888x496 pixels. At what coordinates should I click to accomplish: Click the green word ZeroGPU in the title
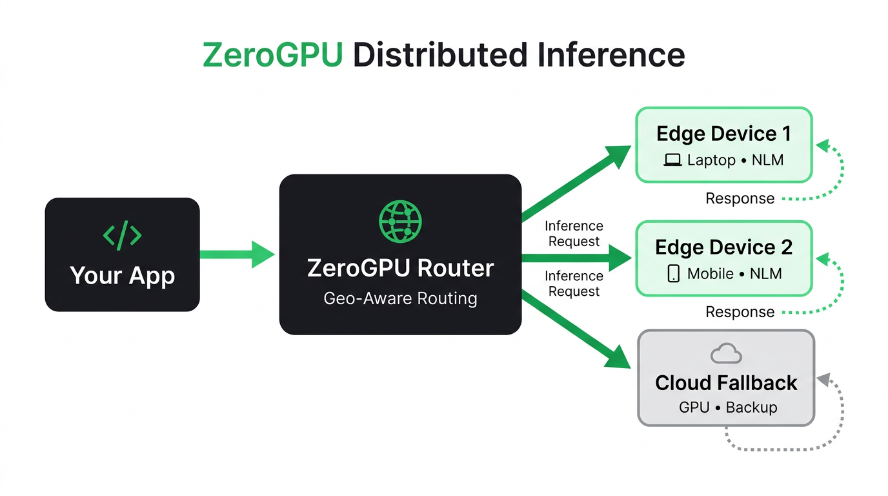coord(272,55)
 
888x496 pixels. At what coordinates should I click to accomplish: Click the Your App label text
coord(122,275)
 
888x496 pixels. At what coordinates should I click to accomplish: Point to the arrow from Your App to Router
coord(236,254)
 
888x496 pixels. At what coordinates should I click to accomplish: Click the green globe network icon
coord(400,222)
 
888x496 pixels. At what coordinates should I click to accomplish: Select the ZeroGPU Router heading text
coord(400,267)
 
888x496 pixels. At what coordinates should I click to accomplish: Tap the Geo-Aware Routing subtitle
coord(400,299)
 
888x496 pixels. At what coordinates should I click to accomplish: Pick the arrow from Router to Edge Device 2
coord(574,258)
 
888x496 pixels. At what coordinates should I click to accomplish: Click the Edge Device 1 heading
coord(723,134)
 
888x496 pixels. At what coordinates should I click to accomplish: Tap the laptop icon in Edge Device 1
coord(672,160)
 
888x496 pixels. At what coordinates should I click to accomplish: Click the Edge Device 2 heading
coord(723,247)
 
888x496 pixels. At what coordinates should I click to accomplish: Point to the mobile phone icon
coord(673,274)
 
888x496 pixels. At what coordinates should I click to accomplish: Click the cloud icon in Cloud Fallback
coord(726,354)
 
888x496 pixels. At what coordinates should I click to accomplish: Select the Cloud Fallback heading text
coord(726,383)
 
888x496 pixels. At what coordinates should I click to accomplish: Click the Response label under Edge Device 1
coord(740,198)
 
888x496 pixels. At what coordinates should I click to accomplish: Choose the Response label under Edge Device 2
coord(740,312)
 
